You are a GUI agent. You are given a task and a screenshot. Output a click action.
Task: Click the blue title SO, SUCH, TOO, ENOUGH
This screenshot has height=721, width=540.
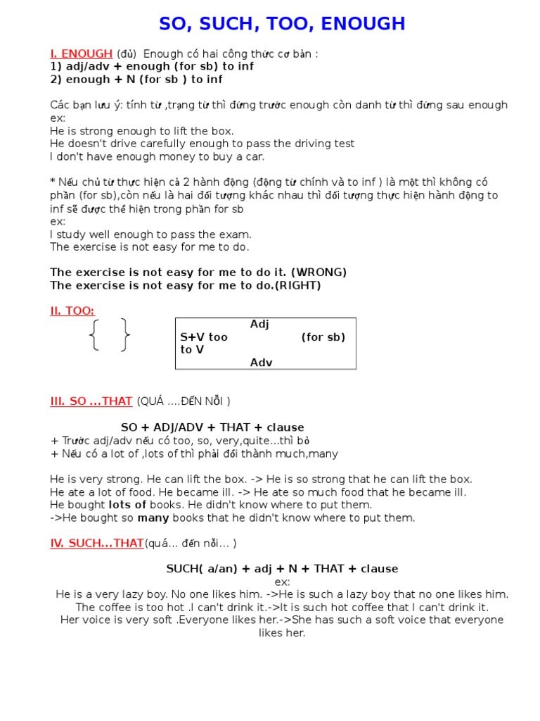[282, 24]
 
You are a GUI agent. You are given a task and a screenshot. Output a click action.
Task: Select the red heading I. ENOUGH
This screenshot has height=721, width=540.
[81, 54]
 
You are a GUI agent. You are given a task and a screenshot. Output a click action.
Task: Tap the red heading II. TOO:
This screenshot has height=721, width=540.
[72, 311]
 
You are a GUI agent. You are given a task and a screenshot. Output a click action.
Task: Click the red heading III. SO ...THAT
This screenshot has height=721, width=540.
[91, 401]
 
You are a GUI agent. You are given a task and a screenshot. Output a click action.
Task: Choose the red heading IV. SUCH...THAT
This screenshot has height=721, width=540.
[96, 543]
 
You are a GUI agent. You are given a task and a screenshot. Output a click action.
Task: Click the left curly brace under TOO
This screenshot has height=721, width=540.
[95, 335]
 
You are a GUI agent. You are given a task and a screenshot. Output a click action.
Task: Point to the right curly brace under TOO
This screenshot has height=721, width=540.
[124, 335]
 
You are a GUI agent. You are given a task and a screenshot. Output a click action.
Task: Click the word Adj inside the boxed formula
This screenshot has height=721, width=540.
[259, 325]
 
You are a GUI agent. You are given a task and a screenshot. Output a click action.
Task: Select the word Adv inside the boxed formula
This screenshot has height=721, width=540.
[261, 363]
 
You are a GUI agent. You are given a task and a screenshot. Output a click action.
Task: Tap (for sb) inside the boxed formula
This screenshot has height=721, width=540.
[323, 337]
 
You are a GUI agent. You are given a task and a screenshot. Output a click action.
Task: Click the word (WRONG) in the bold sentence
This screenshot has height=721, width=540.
[319, 272]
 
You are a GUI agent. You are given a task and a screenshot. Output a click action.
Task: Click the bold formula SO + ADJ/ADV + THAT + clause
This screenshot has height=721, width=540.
[212, 427]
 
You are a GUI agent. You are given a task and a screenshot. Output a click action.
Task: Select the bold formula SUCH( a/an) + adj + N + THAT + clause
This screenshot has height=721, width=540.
[282, 569]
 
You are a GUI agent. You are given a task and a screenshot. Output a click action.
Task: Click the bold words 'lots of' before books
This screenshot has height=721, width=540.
[127, 505]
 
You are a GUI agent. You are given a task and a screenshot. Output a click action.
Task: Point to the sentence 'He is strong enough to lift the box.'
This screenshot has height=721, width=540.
[142, 131]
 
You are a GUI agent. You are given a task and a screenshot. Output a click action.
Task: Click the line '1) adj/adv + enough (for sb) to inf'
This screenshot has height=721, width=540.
[152, 66]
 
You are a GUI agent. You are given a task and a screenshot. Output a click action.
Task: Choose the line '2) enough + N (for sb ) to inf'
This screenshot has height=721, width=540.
[136, 80]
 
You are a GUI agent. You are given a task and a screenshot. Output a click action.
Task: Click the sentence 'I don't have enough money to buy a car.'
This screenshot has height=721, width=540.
[157, 156]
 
